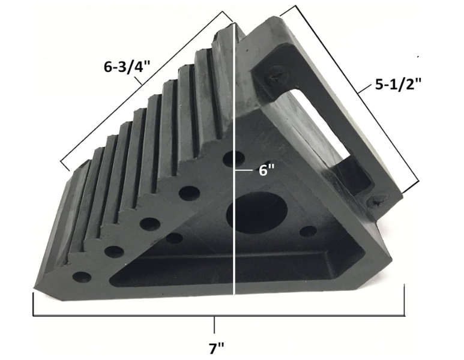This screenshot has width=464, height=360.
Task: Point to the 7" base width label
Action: click(x=216, y=347)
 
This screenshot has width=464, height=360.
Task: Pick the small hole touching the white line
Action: click(x=232, y=160)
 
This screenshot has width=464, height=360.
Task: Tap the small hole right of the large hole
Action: click(x=308, y=232)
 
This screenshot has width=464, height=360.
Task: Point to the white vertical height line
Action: click(x=234, y=252)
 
